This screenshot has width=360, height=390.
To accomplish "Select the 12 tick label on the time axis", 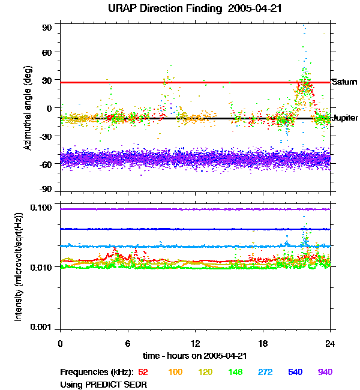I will [195, 343].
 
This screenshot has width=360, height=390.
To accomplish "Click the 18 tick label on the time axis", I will [263, 343].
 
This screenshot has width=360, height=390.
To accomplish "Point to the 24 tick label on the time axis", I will [330, 343].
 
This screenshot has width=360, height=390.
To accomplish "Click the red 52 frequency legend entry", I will [143, 372].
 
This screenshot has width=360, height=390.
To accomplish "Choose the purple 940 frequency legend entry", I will [325, 372].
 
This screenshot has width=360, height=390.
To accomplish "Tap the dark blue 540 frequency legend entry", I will [295, 372].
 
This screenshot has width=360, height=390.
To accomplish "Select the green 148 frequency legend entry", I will [235, 372].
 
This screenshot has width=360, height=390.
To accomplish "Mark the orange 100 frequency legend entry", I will [175, 372].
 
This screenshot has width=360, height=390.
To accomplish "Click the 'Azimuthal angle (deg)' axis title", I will [28, 108].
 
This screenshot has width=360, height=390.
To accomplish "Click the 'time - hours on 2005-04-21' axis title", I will [195, 356].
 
